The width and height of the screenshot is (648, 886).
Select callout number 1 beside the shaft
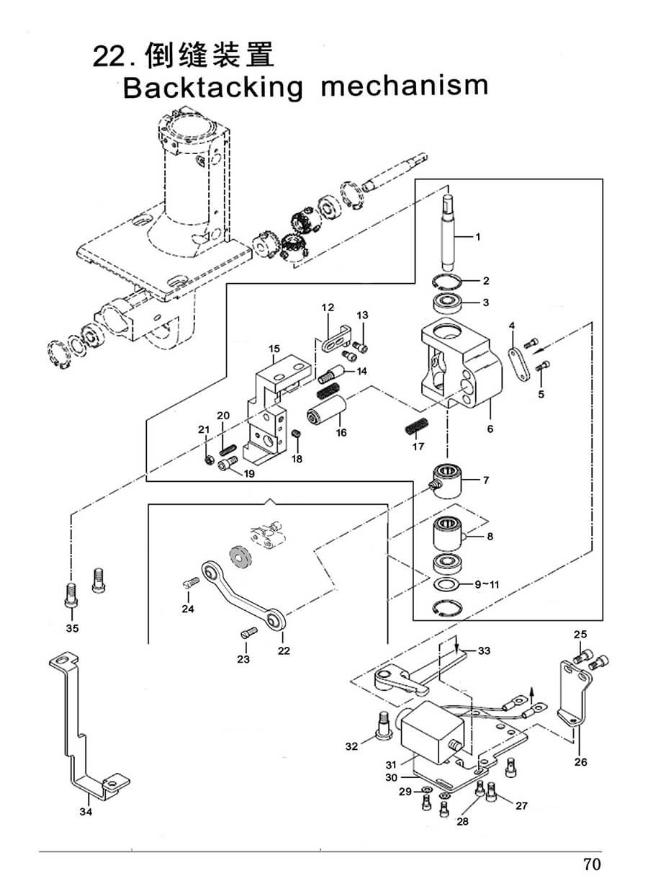click(478, 237)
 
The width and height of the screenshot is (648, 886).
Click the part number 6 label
click(490, 429)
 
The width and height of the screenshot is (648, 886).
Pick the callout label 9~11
click(487, 584)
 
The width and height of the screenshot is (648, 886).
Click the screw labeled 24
click(192, 583)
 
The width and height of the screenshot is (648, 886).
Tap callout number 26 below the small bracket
click(580, 762)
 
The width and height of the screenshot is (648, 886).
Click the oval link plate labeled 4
click(519, 364)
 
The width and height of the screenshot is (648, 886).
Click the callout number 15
click(274, 349)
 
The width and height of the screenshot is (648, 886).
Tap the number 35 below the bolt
click(72, 628)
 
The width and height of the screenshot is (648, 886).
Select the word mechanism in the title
click(405, 86)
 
